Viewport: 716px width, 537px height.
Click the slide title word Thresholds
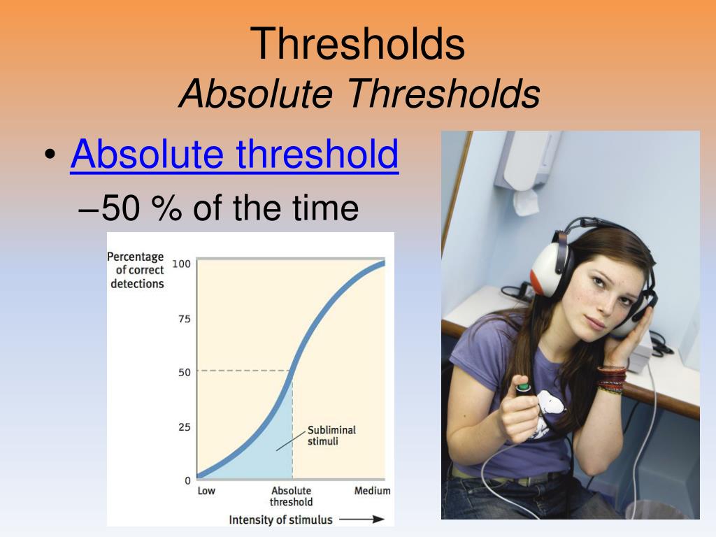pyautogui.click(x=357, y=43)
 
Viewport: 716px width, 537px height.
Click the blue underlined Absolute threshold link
pyautogui.click(x=235, y=154)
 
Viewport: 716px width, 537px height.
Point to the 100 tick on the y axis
pyautogui.click(x=181, y=264)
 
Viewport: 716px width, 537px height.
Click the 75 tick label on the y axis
pyautogui.click(x=185, y=319)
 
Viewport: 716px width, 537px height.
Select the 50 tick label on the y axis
pyautogui.click(x=185, y=372)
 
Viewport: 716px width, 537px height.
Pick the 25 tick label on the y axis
pyautogui.click(x=185, y=427)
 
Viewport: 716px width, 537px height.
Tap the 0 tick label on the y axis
pyautogui.click(x=187, y=480)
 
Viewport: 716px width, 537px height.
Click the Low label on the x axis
pyautogui.click(x=206, y=491)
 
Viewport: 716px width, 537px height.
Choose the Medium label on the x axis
pyautogui.click(x=372, y=491)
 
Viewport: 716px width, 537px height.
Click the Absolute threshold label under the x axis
pyautogui.click(x=292, y=496)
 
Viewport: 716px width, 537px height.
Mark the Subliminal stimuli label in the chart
pyautogui.click(x=331, y=436)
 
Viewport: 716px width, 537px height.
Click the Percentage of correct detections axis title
pyautogui.click(x=136, y=270)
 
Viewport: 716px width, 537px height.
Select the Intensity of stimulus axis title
pyautogui.click(x=281, y=520)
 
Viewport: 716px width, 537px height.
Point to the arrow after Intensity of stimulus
pyautogui.click(x=361, y=520)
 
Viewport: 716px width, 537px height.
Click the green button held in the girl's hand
pyautogui.click(x=523, y=387)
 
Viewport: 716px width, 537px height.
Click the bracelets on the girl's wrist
pyautogui.click(x=612, y=379)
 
